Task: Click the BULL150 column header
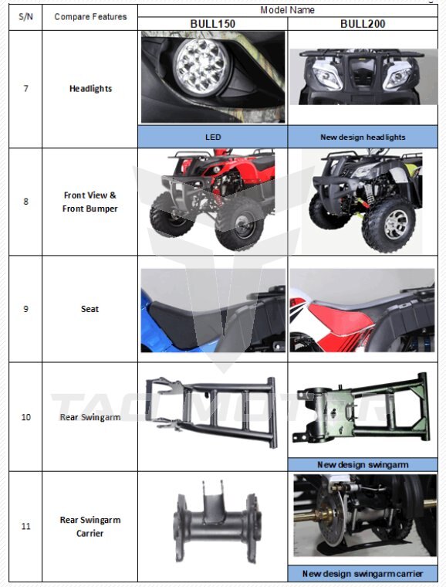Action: (213, 24)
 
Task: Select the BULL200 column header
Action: (363, 24)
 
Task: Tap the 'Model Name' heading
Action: (288, 10)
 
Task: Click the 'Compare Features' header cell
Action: (90, 17)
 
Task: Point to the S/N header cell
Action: (25, 17)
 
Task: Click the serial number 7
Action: (25, 89)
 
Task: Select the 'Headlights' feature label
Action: (90, 89)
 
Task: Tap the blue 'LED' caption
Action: (213, 137)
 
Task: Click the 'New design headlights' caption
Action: (363, 137)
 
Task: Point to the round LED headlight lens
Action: (201, 66)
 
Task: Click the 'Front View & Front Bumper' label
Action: (90, 202)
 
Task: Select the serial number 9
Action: (25, 309)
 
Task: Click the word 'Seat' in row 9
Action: (90, 309)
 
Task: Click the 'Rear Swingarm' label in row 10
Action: (90, 417)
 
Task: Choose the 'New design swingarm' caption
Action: (363, 465)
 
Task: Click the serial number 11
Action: (25, 526)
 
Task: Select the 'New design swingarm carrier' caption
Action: (363, 574)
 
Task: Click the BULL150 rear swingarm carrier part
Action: (216, 521)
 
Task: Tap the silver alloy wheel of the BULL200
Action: (397, 225)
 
